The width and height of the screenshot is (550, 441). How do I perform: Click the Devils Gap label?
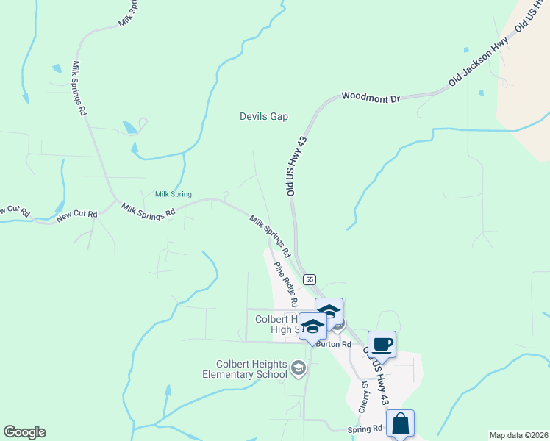point(264,116)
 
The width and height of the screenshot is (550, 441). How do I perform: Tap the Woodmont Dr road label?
point(370,97)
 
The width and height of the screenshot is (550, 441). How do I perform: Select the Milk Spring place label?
point(174,194)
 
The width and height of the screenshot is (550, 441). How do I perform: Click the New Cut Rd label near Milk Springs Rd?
point(77,215)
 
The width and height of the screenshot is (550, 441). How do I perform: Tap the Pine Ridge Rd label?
point(285,284)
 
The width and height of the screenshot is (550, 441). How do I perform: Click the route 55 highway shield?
point(310,279)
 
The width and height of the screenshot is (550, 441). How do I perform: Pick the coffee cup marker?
point(382,344)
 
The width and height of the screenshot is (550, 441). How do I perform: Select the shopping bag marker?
point(400,424)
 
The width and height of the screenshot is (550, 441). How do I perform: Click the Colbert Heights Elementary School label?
point(251,369)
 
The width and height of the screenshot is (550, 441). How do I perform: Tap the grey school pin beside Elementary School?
point(299,367)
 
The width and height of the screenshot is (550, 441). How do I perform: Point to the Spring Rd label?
point(365,428)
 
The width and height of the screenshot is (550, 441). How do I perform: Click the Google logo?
point(24,432)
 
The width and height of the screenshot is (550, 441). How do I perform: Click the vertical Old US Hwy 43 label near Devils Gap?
point(296,165)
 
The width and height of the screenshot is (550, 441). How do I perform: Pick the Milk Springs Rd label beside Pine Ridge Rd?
point(271,235)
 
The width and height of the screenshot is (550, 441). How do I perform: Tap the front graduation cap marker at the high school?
point(312,326)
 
